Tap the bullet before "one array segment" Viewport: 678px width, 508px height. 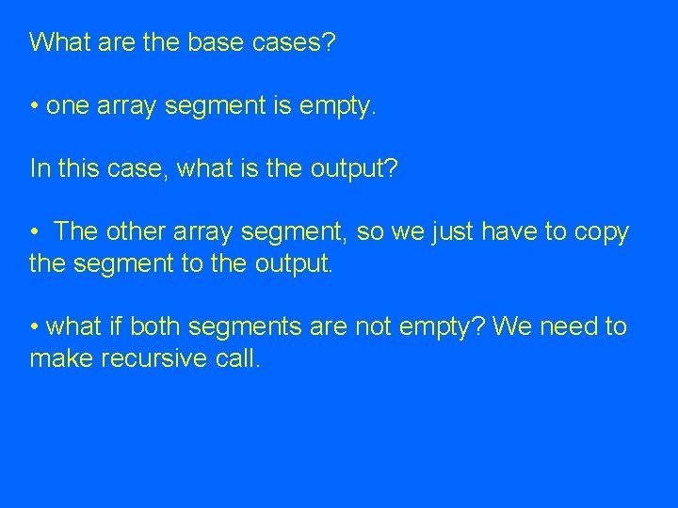click(34, 106)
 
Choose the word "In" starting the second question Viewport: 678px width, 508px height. click(39, 168)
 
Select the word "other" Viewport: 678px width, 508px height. click(135, 231)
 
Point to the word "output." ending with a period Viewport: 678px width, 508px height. click(294, 263)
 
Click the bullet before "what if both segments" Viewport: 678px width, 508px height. click(34, 326)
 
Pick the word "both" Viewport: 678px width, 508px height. click(156, 326)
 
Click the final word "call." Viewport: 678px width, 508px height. click(234, 358)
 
